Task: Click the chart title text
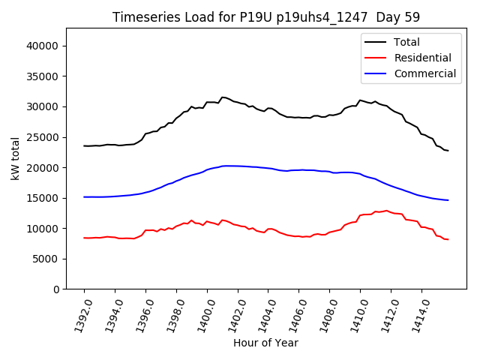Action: coord(266,17)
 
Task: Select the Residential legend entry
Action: coord(422,58)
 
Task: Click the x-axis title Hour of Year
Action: coord(265,343)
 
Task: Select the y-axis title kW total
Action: coord(15,158)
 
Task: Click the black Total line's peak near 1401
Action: coord(223,97)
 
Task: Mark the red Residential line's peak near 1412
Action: coord(387,211)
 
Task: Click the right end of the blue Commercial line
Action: coord(448,200)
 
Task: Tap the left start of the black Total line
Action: coord(85,145)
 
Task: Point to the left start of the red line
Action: coord(85,238)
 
